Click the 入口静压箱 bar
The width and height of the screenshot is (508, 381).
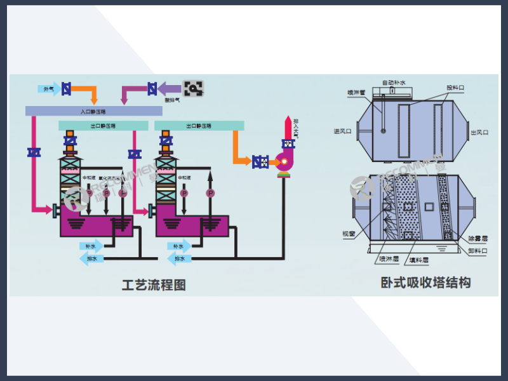coord(93,110)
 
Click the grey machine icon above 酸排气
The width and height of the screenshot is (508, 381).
coord(194,88)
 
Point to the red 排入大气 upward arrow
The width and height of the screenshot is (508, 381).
coord(289,125)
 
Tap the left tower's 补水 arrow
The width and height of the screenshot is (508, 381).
coord(88,246)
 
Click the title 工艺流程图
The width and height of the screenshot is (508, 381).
coord(154,285)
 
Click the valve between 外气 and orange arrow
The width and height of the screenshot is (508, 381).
coord(65,88)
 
